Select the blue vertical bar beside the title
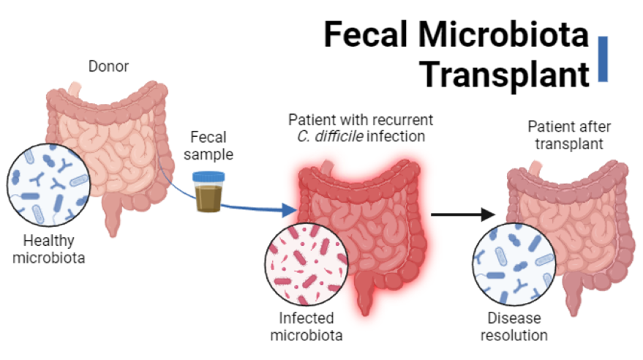pos(603,58)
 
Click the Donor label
pos(108,67)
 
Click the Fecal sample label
pos(209,145)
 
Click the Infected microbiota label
pos(307,326)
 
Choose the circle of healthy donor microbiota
pos(48,183)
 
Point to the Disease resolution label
pos(516,326)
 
